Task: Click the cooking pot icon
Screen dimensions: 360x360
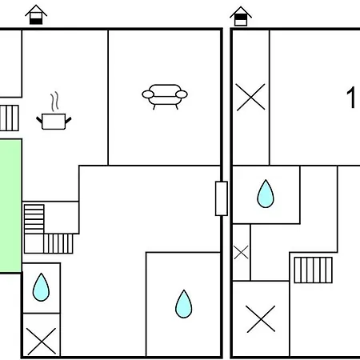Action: pos(54,122)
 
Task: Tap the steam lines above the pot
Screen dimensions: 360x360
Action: pos(54,102)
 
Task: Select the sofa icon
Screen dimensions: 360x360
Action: pos(165,97)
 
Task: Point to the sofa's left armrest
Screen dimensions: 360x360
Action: pos(148,94)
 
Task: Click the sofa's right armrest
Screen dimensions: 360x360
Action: pos(182,94)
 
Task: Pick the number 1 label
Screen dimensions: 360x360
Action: pos(351,98)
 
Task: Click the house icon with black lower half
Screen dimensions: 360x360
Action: pos(36,14)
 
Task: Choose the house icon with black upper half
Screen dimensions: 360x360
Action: pos(241,16)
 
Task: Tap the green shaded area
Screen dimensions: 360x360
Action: pos(10,206)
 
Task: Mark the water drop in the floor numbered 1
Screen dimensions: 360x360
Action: pos(266,194)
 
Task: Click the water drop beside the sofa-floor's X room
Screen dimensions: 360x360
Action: pos(41,287)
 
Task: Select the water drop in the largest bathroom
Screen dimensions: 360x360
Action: pos(184,304)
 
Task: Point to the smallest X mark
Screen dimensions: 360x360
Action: pos(241,253)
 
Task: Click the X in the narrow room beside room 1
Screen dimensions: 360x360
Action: pos(250,97)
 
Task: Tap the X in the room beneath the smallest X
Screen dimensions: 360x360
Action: pos(261,319)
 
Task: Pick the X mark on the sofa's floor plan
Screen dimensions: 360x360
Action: pos(42,342)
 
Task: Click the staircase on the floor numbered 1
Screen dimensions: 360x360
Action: pos(314,270)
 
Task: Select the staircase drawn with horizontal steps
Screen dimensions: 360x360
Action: pos(34,219)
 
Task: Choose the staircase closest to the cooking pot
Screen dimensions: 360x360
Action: pos(10,118)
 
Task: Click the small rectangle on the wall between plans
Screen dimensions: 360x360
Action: pos(222,198)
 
